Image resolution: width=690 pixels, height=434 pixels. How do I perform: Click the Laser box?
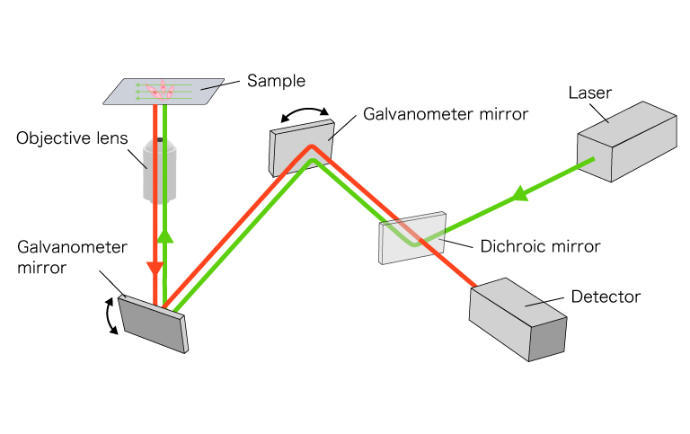pyautogui.click(x=626, y=139)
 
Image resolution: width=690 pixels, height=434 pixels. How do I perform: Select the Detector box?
pyautogui.click(x=519, y=319)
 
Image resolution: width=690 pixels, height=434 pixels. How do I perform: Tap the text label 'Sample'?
pyautogui.click(x=276, y=81)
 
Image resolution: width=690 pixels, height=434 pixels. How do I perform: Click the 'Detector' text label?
pyautogui.click(x=606, y=296)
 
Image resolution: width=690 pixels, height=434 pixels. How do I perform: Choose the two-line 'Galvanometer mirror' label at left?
pyautogui.click(x=56, y=256)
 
